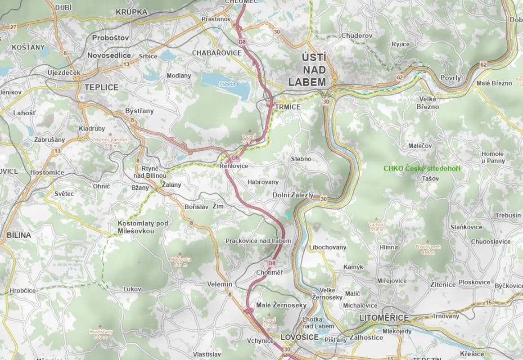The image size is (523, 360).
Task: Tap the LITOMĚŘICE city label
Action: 384,318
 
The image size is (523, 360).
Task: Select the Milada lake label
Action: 227,84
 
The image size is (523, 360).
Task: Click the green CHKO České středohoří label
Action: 422,168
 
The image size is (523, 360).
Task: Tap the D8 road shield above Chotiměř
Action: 271,263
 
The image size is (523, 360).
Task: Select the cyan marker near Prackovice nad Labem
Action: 289,215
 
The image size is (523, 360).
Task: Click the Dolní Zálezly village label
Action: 293,195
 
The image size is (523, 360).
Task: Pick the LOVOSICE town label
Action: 299,337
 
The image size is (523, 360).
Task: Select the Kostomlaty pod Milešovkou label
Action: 143,227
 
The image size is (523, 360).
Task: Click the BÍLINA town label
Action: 18,235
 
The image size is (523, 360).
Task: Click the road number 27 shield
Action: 13,27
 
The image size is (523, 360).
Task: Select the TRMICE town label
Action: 288,107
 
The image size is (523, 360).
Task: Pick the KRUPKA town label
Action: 131,12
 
